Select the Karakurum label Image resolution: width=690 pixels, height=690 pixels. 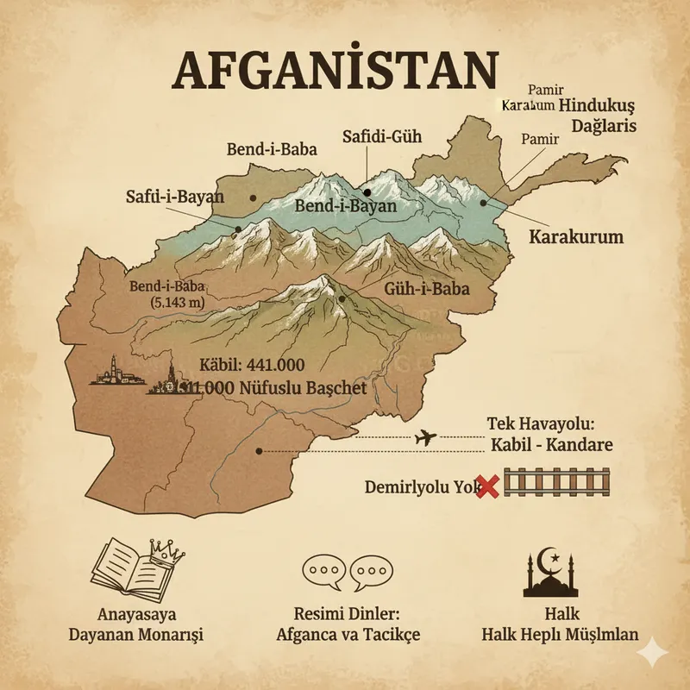pyautogui.click(x=575, y=236)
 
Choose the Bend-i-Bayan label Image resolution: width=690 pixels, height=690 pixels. pyautogui.click(x=345, y=207)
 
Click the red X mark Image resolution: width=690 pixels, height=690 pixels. pyautogui.click(x=487, y=487)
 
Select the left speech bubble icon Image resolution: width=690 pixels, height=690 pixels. pyautogui.click(x=323, y=572)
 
